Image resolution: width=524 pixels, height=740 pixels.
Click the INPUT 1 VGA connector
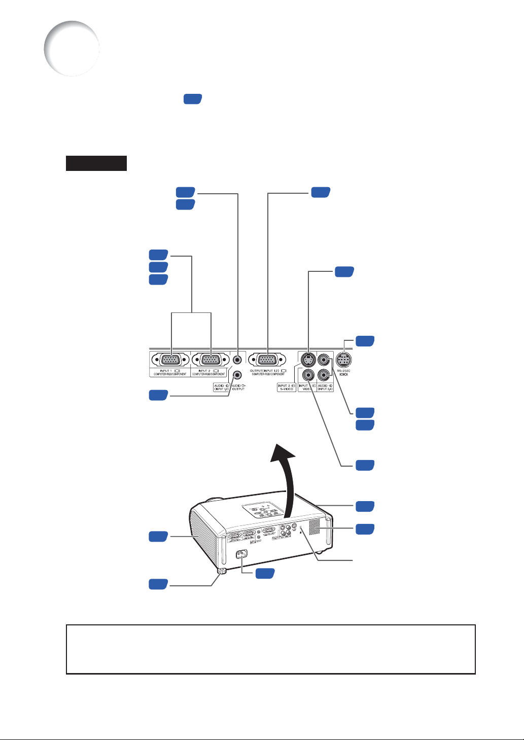(x=171, y=360)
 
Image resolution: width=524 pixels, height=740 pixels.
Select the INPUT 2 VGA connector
(x=211, y=360)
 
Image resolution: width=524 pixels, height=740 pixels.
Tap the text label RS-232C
(x=344, y=371)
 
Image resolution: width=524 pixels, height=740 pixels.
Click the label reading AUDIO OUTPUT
(x=237, y=387)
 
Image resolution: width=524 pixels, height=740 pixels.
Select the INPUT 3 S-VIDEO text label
(x=286, y=387)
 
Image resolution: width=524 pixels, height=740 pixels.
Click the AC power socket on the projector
(x=241, y=555)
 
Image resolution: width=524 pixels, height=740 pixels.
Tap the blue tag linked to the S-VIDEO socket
(x=344, y=272)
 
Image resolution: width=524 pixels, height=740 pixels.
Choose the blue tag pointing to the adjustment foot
(x=158, y=584)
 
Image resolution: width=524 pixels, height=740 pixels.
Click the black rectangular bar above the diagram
(x=96, y=163)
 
